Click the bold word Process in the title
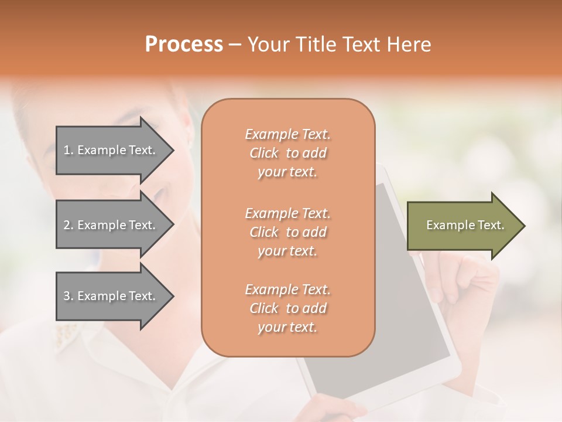pyautogui.click(x=184, y=45)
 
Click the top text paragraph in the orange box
pyautogui.click(x=287, y=153)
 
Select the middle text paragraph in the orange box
pyautogui.click(x=287, y=232)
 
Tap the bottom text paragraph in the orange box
pyautogui.click(x=287, y=308)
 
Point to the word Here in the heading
pyautogui.click(x=409, y=45)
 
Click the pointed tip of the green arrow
pyautogui.click(x=523, y=226)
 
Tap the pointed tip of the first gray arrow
pyautogui.click(x=172, y=150)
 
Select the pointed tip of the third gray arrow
pyautogui.click(x=172, y=296)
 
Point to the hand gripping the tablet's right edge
pyautogui.click(x=468, y=281)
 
